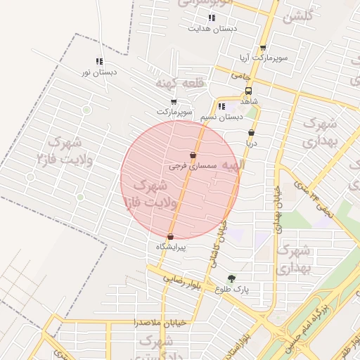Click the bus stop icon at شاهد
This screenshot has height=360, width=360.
click(248, 91)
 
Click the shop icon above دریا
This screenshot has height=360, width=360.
click(251, 132)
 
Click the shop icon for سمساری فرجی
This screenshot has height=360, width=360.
click(193, 155)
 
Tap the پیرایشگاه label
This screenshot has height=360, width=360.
click(172, 247)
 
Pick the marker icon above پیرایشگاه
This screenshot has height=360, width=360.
click(171, 237)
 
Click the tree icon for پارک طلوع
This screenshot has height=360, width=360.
click(231, 278)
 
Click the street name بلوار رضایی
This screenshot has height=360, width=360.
click(184, 278)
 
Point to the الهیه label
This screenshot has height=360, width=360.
click(232, 166)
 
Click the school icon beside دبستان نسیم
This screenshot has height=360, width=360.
click(222, 107)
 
